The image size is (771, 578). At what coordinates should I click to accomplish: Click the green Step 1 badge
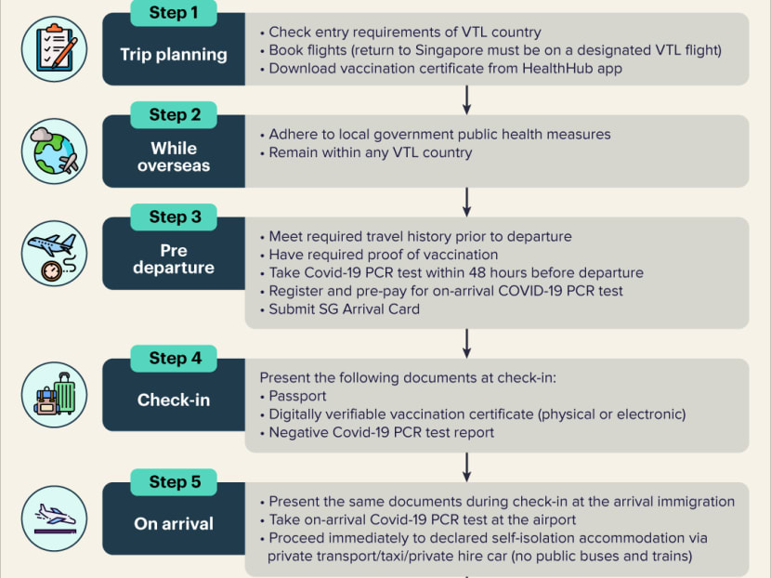(x=174, y=13)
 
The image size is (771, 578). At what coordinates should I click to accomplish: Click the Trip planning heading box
(x=174, y=54)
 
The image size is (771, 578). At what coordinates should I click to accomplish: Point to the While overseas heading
(x=174, y=156)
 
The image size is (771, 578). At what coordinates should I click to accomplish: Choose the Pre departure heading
(x=174, y=259)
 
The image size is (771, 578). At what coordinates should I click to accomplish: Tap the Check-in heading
(x=174, y=400)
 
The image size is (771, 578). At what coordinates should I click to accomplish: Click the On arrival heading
(x=174, y=524)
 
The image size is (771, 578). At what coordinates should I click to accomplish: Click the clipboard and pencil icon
(x=54, y=49)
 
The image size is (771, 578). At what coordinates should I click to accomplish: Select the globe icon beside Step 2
(x=54, y=151)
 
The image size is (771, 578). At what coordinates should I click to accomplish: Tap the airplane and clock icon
(x=54, y=253)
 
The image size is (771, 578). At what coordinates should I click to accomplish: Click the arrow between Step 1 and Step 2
(x=466, y=99)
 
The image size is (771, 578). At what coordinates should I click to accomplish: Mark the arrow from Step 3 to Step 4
(x=466, y=342)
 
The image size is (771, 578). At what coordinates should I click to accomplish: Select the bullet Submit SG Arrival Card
(x=344, y=309)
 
